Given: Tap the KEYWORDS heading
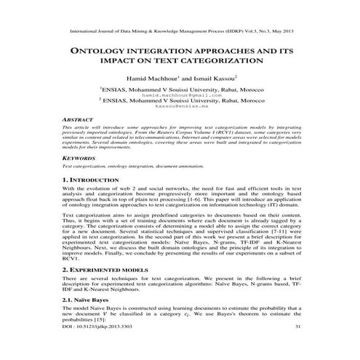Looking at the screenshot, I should (80, 177).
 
